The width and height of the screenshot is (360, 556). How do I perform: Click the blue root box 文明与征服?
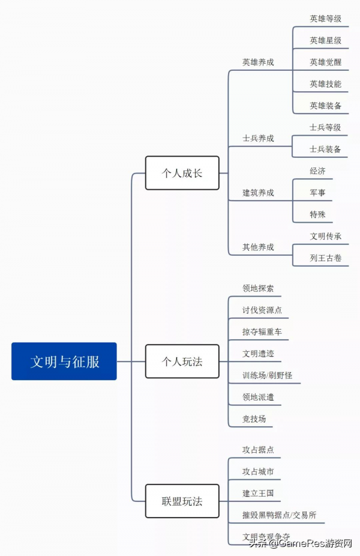point(64,361)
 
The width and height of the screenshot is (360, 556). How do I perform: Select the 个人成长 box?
point(182,173)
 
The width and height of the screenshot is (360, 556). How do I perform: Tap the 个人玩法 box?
point(182,361)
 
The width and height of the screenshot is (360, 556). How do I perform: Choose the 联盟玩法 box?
point(182,501)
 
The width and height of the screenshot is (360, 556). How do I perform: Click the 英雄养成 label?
point(258,62)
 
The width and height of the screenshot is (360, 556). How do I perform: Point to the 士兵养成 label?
point(258,138)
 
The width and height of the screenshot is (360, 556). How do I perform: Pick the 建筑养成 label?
point(258,193)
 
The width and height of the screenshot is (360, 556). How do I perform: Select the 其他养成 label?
point(258,247)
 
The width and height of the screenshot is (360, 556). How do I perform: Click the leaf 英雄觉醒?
point(326,62)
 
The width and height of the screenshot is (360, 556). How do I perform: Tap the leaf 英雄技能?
point(326,84)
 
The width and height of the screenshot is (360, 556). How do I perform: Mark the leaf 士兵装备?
point(325,149)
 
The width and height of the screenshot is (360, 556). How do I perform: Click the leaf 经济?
point(318,171)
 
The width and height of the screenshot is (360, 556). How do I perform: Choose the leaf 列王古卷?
point(326,258)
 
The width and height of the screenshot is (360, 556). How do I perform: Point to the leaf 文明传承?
point(326,236)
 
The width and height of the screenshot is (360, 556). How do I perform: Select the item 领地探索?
point(258,288)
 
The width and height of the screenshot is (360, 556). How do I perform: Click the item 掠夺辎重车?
point(262,331)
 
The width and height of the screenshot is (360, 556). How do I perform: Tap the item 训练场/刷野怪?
point(267,375)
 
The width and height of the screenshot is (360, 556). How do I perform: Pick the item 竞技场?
point(254,419)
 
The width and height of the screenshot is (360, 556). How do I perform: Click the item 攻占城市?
point(258,471)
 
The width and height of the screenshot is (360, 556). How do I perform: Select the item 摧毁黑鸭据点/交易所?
point(280,515)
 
